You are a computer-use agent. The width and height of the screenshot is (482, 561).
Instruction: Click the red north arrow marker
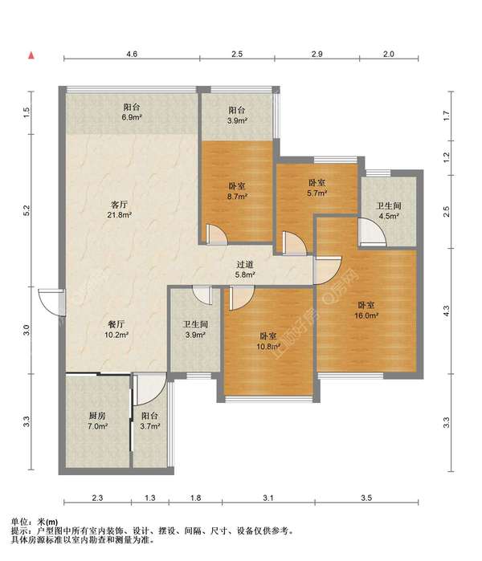[31, 55]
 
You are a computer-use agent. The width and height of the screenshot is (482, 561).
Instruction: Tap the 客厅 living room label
[119, 205]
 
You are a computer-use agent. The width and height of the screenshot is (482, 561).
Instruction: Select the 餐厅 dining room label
[116, 324]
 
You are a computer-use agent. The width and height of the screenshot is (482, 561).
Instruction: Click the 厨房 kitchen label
[97, 416]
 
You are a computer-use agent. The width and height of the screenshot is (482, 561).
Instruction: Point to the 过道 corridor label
[245, 264]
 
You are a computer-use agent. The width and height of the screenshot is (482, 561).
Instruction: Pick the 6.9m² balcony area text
[132, 117]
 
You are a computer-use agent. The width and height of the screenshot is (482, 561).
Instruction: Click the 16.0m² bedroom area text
[366, 315]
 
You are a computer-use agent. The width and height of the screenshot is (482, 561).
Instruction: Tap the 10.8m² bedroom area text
[268, 347]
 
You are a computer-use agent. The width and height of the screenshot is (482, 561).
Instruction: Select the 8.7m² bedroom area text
[238, 197]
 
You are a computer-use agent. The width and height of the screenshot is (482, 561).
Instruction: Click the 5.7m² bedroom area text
[317, 193]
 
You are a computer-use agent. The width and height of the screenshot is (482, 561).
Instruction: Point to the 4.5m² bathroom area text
[389, 216]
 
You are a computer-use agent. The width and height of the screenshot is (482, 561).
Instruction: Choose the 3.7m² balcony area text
[149, 426]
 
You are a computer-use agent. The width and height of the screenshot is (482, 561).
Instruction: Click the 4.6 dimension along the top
[132, 54]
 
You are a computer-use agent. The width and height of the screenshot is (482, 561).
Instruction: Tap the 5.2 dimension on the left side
[27, 210]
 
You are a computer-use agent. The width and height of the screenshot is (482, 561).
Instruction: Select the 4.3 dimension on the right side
[446, 311]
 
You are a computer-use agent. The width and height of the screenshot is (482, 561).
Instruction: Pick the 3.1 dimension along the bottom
[268, 498]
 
